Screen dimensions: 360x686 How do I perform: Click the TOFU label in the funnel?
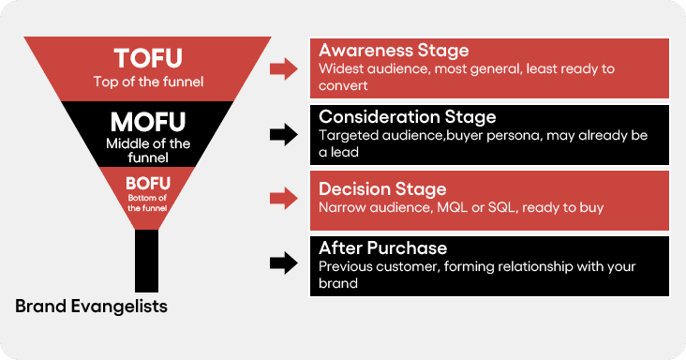(x=148, y=59)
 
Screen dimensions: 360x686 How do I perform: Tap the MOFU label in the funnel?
(x=148, y=123)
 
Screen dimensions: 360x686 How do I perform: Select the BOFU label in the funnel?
(x=148, y=183)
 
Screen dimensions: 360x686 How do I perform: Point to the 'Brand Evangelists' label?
(x=91, y=306)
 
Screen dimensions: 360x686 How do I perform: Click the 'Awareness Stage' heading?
(x=394, y=51)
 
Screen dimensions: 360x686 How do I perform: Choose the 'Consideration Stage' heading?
(x=407, y=117)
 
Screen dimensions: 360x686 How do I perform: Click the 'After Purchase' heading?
(x=382, y=248)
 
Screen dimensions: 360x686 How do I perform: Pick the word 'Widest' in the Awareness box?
(x=340, y=67)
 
